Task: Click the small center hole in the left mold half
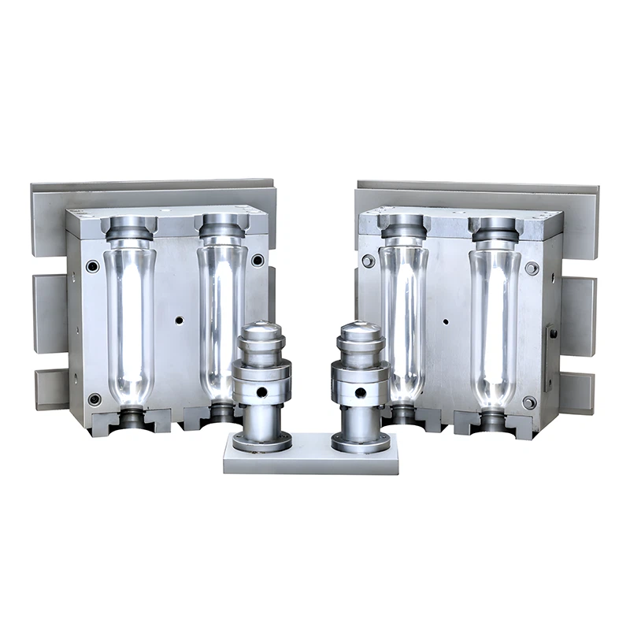tap(180, 321)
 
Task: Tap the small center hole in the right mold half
tap(445, 321)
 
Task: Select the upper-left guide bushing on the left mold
tap(93, 266)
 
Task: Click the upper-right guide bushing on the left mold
tap(258, 261)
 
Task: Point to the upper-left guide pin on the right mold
tap(368, 261)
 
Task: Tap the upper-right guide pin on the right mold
tap(532, 268)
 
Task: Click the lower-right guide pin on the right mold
tap(529, 402)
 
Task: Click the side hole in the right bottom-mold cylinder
tap(360, 391)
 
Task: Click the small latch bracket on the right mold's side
tap(553, 334)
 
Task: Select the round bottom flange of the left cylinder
tap(262, 443)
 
